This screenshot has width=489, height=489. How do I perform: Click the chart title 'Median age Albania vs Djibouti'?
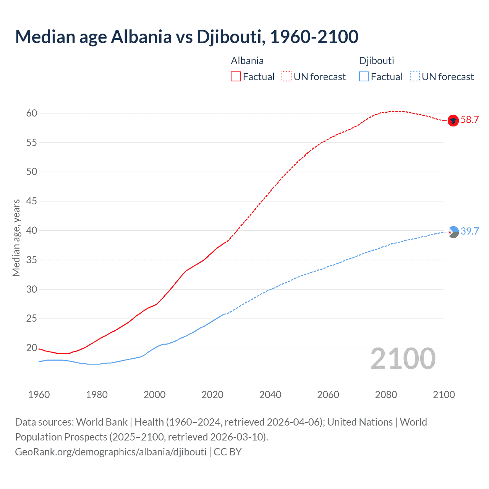point(186,37)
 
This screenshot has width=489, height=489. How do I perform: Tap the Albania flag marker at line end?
point(453,120)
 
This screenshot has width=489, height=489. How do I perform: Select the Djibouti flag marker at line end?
point(453,232)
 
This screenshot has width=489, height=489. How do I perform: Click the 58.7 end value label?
point(470,120)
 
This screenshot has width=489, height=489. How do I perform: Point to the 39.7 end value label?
point(470,232)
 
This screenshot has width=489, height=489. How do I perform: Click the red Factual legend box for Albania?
point(236,77)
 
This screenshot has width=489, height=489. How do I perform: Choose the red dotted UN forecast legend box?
point(287,77)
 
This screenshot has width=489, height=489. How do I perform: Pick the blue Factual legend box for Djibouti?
point(364,77)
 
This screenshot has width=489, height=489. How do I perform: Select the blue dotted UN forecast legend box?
point(415,77)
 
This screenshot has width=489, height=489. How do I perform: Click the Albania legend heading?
point(247,61)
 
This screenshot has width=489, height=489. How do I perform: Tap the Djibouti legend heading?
point(376,61)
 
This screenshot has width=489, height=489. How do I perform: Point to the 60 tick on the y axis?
point(32,113)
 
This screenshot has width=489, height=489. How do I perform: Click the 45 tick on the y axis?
point(32,201)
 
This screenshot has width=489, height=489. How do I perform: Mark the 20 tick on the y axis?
point(32,348)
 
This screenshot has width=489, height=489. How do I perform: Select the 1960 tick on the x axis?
point(39,395)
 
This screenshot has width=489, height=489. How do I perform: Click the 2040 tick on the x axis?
point(270,395)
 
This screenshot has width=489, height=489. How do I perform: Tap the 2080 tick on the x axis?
point(386,395)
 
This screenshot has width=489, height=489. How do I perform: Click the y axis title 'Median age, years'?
point(16,238)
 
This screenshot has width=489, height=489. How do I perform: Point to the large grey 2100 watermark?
point(403,359)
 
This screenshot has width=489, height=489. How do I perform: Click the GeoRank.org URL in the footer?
point(111,452)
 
